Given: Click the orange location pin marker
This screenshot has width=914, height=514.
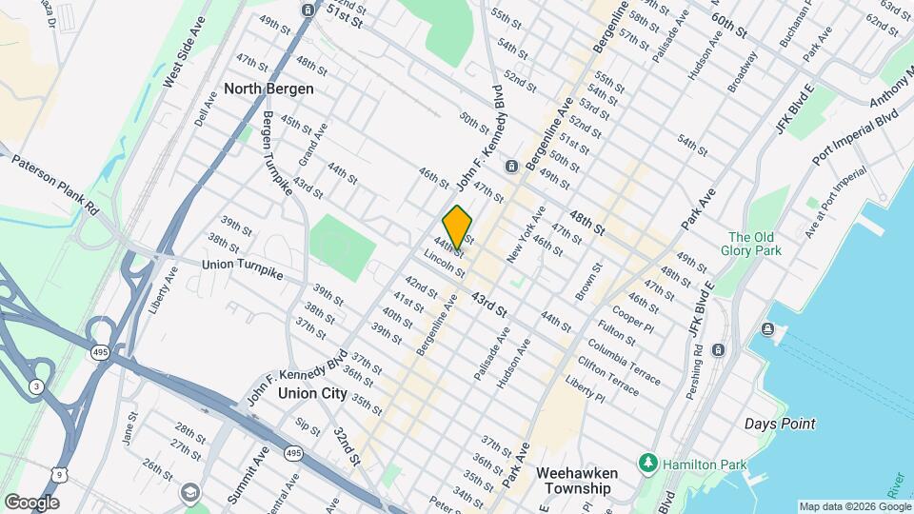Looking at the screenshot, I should (458, 227).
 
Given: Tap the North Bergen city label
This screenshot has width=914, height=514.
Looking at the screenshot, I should (268, 89).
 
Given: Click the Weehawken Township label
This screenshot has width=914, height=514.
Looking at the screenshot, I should (577, 480).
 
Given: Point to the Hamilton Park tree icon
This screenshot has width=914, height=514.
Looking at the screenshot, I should (649, 462).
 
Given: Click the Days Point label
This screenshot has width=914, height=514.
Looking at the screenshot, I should (780, 424).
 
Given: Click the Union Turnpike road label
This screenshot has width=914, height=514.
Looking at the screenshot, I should (244, 264).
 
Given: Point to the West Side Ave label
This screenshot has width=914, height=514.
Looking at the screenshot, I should (184, 51).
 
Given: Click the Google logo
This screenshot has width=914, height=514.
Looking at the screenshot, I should (31, 502).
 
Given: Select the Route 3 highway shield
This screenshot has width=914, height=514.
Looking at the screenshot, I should (35, 385).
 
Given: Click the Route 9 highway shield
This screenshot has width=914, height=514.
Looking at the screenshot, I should (62, 500).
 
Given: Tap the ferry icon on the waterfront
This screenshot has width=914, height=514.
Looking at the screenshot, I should (768, 330).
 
